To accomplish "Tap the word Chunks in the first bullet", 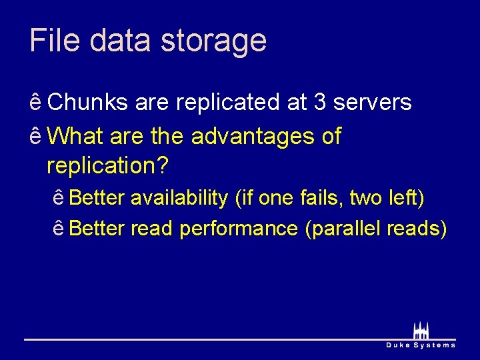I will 89,102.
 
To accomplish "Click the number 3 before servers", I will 320,102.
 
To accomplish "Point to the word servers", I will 372,102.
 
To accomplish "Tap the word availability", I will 179,198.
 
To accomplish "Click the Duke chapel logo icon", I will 421,330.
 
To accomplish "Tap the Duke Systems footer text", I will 421,345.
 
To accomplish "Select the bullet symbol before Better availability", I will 59,198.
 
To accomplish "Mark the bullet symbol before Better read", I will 59,229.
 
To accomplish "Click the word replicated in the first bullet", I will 230,103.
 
